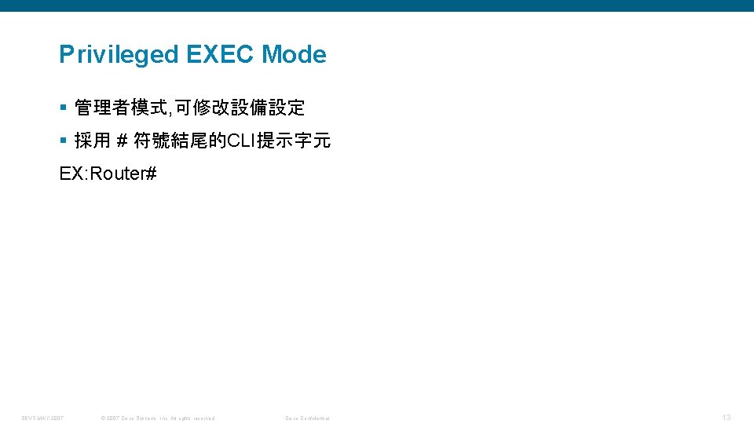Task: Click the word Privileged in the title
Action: point(119,55)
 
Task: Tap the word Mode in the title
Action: point(294,55)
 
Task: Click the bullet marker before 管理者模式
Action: point(63,107)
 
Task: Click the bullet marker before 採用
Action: point(63,141)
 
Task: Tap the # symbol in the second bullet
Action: point(122,141)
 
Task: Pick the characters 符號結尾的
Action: point(180,141)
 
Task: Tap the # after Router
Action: point(152,174)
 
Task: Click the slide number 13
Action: point(727,417)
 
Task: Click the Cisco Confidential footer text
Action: point(307,418)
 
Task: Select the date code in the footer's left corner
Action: point(43,418)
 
